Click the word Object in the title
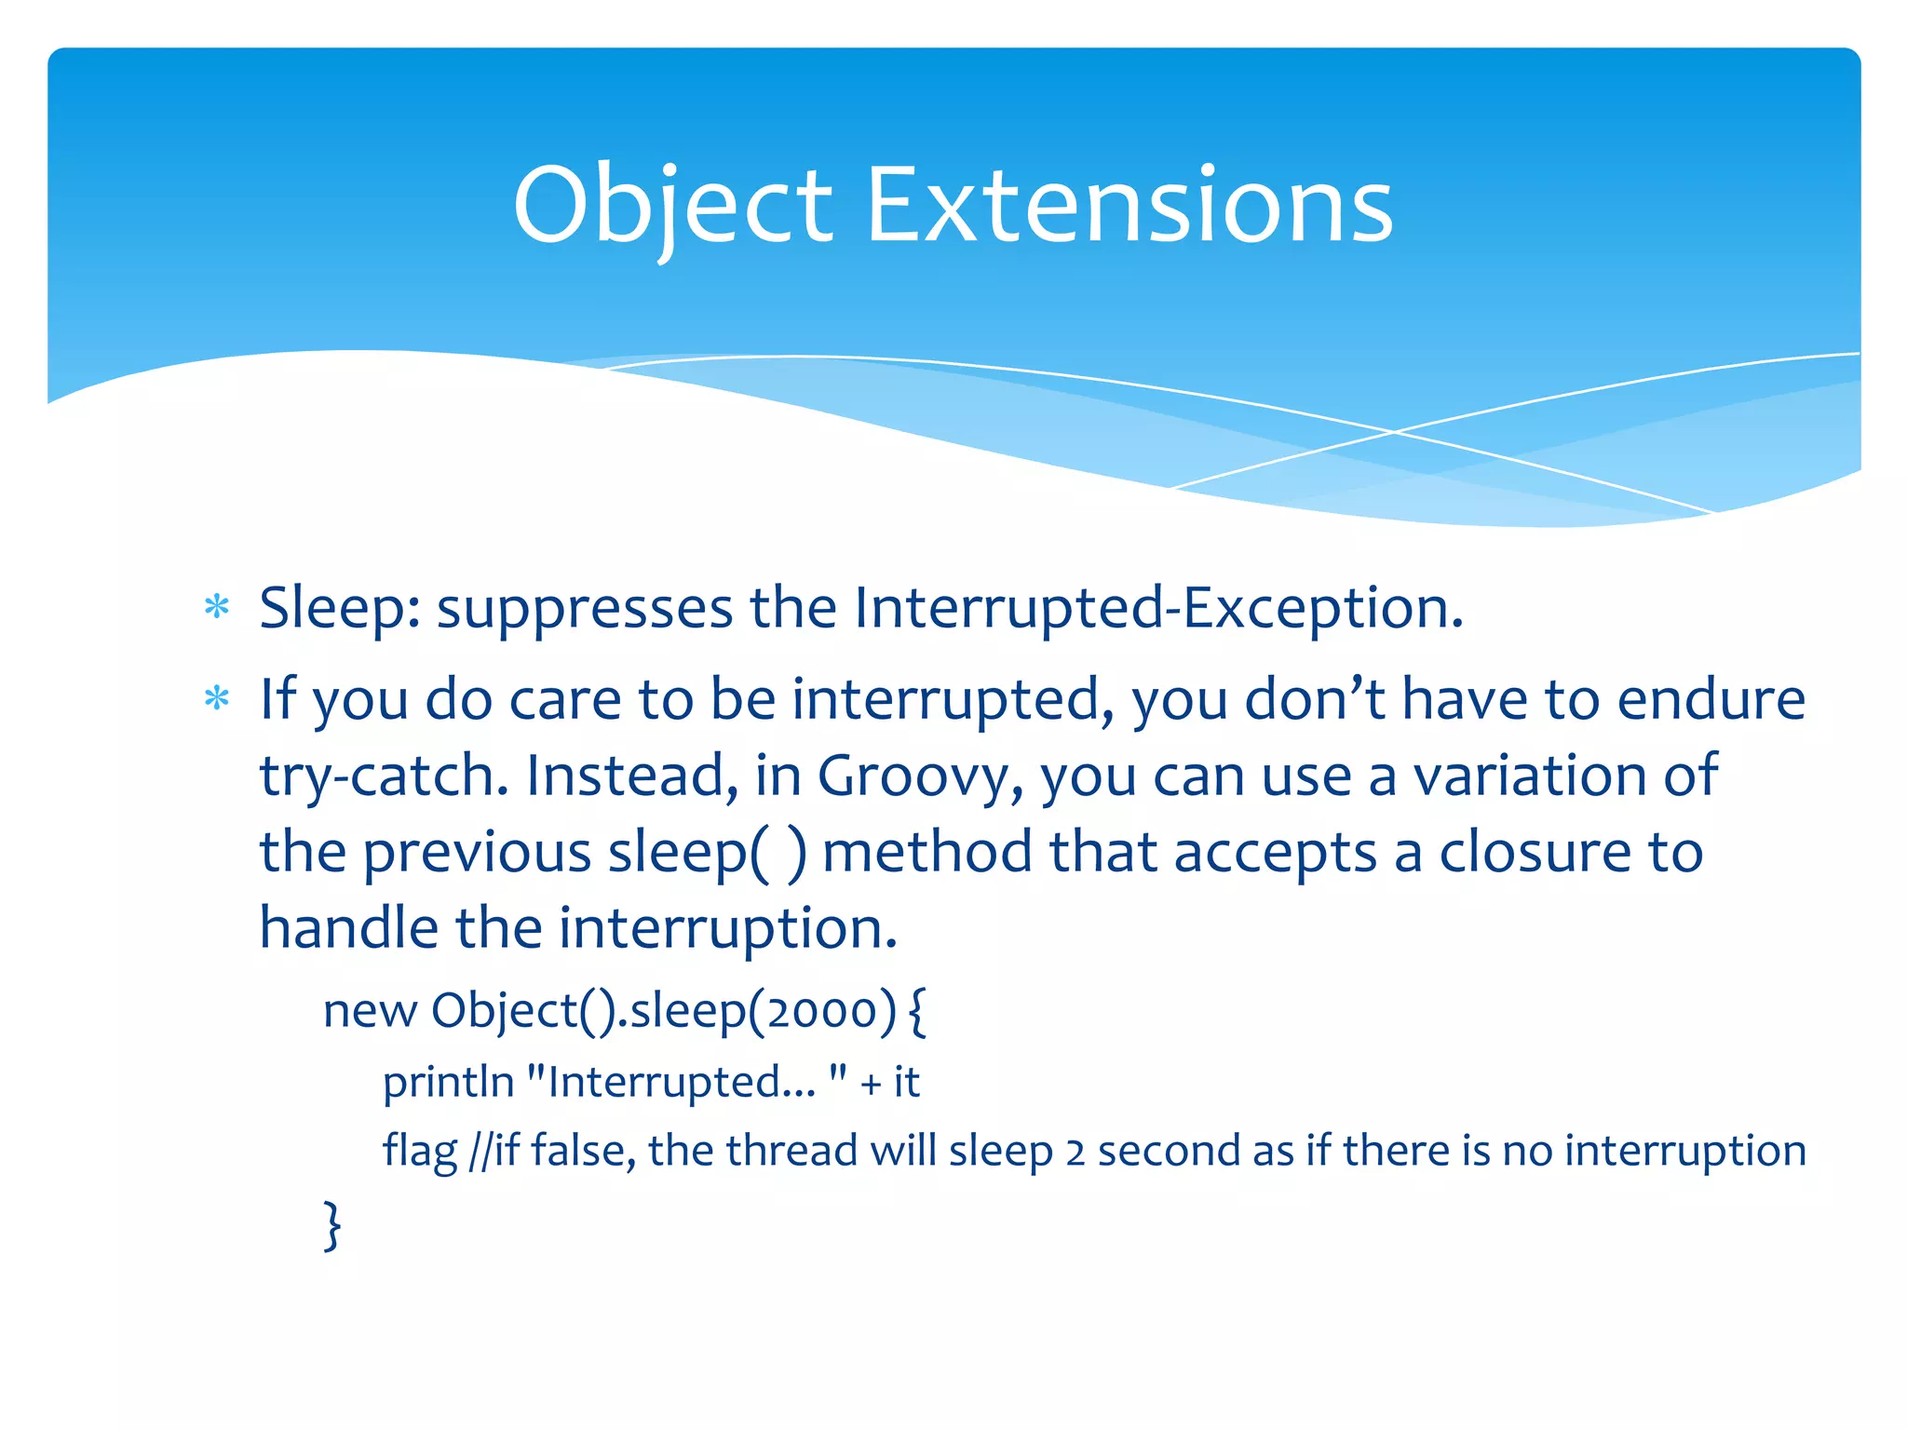coord(671,207)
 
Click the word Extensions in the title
coord(1129,207)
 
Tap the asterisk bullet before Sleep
coord(217,608)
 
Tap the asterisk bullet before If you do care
coord(217,698)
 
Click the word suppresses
coord(585,609)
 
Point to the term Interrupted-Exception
coord(1158,609)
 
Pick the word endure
coord(1711,699)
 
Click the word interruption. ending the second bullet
coord(727,928)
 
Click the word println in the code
coord(448,1082)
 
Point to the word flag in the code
coord(420,1152)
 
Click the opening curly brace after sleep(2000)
coord(917,1012)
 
